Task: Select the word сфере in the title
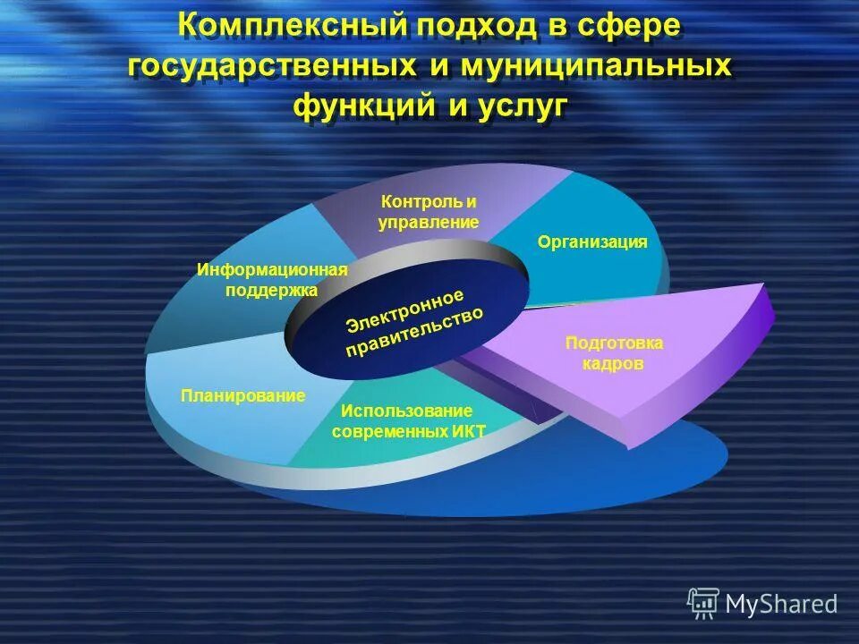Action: tap(627, 27)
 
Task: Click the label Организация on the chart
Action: tap(592, 241)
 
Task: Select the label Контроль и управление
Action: tap(428, 211)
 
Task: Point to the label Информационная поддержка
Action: tap(272, 279)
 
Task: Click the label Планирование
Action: tap(242, 395)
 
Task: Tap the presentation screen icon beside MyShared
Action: tap(703, 604)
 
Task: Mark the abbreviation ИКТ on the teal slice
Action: tap(468, 431)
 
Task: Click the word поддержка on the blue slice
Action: tap(272, 290)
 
